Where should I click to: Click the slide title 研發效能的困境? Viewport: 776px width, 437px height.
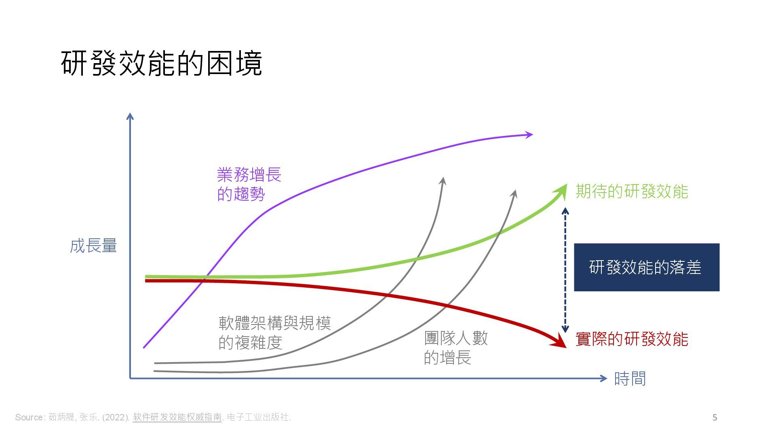pyautogui.click(x=162, y=64)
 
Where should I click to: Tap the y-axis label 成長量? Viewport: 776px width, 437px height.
pyautogui.click(x=93, y=246)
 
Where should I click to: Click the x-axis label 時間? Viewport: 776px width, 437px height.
pyautogui.click(x=630, y=379)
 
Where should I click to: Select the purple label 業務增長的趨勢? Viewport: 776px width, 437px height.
pyautogui.click(x=249, y=184)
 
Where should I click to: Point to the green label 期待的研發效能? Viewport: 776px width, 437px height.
pyautogui.click(x=631, y=191)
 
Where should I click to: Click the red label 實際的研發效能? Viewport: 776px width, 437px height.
pyautogui.click(x=631, y=339)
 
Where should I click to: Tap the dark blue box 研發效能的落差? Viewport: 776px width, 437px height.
pyautogui.click(x=647, y=267)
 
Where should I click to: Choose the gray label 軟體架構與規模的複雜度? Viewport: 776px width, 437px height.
pyautogui.click(x=274, y=333)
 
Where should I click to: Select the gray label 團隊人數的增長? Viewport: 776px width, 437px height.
pyautogui.click(x=455, y=348)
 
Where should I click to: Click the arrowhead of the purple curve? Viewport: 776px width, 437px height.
pyautogui.click(x=529, y=135)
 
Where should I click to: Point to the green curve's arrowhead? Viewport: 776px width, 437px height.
pyautogui.click(x=562, y=190)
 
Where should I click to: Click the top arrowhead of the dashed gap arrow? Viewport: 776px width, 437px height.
pyautogui.click(x=565, y=211)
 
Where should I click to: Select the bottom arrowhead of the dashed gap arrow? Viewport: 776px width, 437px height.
pyautogui.click(x=565, y=329)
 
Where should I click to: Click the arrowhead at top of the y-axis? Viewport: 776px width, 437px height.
pyautogui.click(x=130, y=117)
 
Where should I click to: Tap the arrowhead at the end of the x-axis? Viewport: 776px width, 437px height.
pyautogui.click(x=603, y=378)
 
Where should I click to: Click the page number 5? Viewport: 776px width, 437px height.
pyautogui.click(x=715, y=418)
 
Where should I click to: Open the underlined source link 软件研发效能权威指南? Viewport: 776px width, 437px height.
pyautogui.click(x=177, y=417)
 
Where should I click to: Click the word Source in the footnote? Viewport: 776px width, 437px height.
pyautogui.click(x=30, y=417)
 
